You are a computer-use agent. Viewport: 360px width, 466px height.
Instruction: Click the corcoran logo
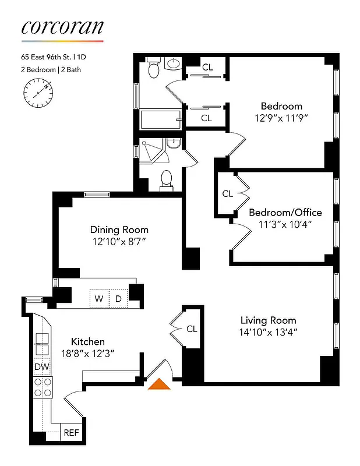point(62,27)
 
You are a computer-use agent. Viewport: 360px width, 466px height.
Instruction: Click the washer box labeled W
point(99,299)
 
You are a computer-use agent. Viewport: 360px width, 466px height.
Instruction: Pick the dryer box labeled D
point(118,299)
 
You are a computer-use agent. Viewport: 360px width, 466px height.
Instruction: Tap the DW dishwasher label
point(41,367)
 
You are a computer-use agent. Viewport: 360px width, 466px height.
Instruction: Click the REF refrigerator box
point(71,433)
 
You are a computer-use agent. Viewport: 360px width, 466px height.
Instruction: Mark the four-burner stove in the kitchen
point(44,387)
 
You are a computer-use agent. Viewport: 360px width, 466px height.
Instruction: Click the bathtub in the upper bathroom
point(160,120)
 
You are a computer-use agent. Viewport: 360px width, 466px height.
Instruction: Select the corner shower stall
point(150,151)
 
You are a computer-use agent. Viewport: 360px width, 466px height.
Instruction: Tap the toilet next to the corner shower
point(166,179)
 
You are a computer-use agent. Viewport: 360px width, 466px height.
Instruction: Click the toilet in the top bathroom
point(154,70)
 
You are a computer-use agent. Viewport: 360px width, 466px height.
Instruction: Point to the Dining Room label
point(119,230)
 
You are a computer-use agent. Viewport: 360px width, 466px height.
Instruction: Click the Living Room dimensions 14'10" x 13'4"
point(269,333)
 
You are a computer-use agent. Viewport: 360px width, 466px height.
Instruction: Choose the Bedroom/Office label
point(285,212)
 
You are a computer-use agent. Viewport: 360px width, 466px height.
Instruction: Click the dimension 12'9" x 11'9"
point(281,118)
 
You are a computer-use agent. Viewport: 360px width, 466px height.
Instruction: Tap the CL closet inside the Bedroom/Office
point(227,193)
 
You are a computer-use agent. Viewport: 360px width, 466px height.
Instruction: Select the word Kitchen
point(88,341)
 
